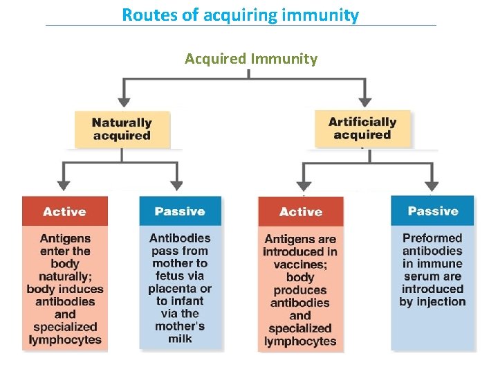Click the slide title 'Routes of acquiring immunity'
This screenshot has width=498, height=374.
240,15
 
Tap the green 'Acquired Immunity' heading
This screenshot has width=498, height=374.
250,58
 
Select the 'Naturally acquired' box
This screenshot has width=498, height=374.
122,129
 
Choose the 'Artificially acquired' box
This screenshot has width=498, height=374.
362,128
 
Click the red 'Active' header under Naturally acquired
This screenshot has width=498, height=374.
64,211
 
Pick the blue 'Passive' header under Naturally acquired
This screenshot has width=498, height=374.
180,211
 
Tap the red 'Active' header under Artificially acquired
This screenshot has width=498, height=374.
301,212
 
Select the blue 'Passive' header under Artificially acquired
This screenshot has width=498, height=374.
433,211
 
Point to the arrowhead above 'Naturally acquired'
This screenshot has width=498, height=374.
123,101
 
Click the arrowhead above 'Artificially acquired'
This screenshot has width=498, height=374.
365,101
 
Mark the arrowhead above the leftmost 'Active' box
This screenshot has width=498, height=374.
64,185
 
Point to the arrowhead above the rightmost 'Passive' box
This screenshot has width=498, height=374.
432,185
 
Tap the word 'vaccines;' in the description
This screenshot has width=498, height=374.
300,265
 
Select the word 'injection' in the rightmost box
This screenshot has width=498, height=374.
441,301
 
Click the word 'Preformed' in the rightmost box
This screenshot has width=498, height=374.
432,238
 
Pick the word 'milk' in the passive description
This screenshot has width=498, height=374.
180,339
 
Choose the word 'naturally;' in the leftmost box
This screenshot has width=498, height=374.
65,276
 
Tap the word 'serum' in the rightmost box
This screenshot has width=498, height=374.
418,276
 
